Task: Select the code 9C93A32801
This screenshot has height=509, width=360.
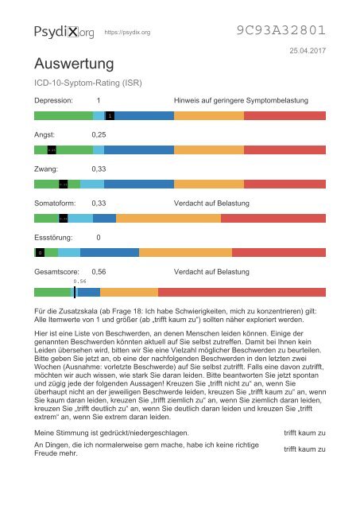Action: click(281, 31)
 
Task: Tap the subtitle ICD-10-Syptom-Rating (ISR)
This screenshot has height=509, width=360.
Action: click(87, 82)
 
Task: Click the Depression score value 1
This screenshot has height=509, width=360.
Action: click(98, 101)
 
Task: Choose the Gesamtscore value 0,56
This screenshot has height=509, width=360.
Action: click(99, 272)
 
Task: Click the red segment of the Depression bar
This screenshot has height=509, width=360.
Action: click(285, 115)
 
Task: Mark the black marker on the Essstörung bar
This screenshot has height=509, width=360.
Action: click(39, 253)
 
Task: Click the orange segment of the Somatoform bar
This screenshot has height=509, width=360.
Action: click(168, 218)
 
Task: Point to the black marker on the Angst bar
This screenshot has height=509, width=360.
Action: click(52, 150)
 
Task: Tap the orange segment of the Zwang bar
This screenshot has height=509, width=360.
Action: click(208, 184)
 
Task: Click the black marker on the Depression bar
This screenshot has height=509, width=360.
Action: click(110, 115)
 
